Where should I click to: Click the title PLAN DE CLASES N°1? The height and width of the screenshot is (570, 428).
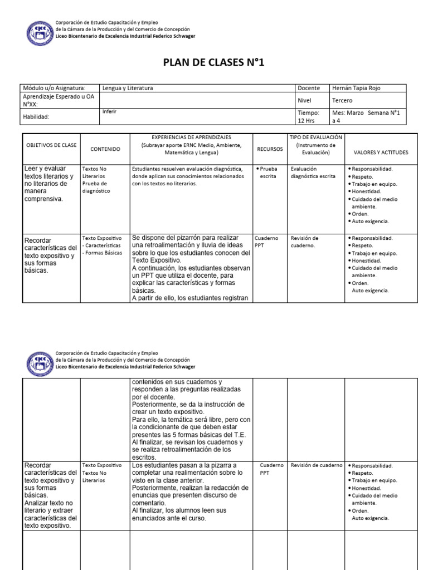coord(213,62)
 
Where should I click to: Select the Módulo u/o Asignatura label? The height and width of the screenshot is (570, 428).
coord(53,88)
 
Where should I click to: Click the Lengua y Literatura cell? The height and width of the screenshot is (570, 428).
coord(128,88)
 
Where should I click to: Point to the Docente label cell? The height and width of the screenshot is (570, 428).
coord(309,88)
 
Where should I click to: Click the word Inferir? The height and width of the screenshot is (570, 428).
coord(110,111)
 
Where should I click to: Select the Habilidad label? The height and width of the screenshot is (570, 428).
coord(36,117)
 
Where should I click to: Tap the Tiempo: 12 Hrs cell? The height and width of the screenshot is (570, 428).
coord(310,116)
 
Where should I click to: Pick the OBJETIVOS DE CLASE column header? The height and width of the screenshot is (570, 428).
coord(51,145)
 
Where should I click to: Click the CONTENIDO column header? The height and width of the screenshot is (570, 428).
coord(105,149)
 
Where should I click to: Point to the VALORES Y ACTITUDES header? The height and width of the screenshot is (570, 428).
coord(381,152)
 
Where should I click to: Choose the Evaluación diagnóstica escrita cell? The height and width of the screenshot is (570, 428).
coord(313,172)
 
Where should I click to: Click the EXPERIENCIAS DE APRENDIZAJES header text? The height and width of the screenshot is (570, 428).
coord(191,137)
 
